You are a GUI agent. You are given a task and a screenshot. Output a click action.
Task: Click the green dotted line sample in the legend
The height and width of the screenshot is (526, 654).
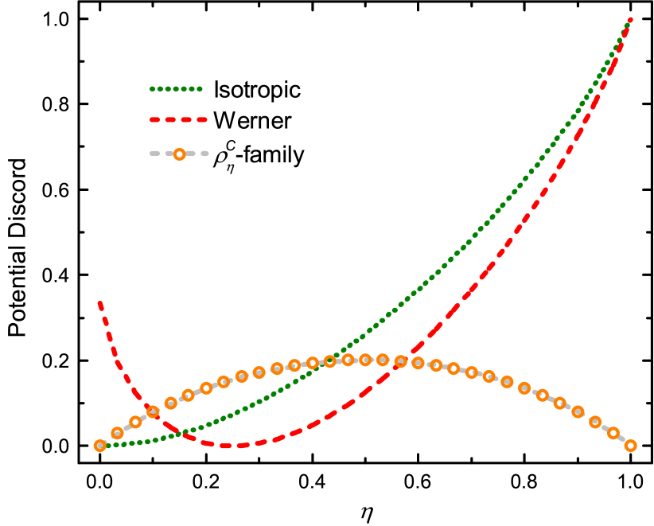point(176,89)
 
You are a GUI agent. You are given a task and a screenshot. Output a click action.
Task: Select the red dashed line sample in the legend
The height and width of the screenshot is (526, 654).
point(178,119)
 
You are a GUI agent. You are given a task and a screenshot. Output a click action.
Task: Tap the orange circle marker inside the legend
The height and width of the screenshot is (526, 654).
point(180,154)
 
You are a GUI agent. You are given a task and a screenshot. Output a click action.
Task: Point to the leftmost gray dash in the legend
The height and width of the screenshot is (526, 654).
point(155,154)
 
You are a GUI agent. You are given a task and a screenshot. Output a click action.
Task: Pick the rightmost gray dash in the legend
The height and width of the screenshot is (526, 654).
point(204,154)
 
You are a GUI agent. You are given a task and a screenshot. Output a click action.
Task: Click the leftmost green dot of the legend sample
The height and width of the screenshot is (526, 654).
point(152,89)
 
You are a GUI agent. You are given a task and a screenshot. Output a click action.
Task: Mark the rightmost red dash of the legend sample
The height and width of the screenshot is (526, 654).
point(201,119)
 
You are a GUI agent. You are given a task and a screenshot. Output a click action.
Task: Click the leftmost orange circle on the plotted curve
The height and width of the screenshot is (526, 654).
point(100,446)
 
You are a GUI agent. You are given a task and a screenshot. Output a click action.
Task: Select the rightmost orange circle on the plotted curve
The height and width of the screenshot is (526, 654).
point(630,446)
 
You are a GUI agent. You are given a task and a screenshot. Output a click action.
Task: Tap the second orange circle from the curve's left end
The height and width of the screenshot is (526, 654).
point(118,433)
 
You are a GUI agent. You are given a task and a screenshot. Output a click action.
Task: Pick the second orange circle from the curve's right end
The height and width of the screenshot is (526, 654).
point(613,433)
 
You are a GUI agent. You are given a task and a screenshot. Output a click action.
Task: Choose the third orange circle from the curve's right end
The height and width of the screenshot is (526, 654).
point(595,422)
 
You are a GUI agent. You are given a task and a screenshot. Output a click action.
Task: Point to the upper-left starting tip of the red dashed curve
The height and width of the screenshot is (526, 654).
point(99,303)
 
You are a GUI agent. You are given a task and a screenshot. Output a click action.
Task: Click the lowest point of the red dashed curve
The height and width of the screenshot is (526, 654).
point(226,446)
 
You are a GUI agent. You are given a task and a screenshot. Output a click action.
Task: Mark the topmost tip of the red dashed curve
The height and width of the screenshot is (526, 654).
point(630,18)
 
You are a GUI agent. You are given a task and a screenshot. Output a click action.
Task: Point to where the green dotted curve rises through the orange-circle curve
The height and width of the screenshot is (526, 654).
point(334,360)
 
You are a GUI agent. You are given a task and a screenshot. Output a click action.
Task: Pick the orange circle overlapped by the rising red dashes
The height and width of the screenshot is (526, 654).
point(401,361)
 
